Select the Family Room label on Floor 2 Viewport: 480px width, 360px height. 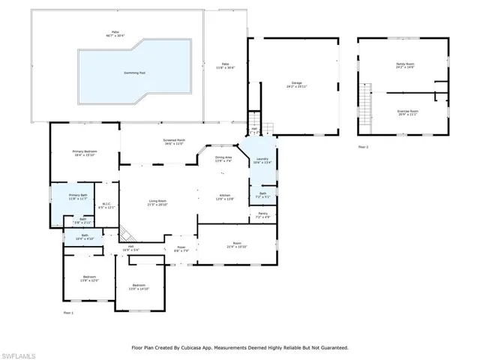405,65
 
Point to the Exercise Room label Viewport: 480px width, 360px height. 408,111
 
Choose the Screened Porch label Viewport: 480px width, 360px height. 175,140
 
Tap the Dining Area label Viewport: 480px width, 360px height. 223,158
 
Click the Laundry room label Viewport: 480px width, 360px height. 262,160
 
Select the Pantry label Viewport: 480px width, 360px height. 262,215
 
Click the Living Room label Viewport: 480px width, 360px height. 157,202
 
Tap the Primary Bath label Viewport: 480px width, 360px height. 79,196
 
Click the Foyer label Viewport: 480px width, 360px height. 181,248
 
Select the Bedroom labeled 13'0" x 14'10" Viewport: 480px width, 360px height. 139,286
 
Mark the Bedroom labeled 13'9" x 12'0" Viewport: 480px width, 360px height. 90,279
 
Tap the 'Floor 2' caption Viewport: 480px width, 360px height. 363,146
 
